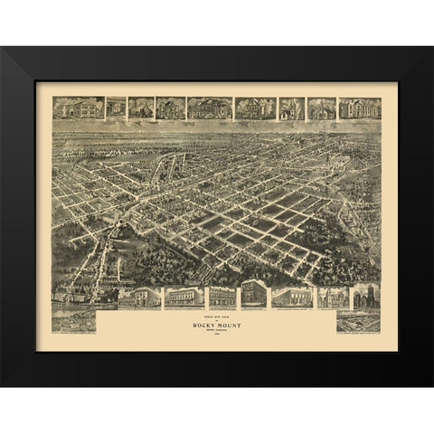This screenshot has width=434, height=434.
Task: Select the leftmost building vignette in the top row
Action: (x=78, y=108)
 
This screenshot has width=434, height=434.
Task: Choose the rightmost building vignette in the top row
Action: (x=359, y=108)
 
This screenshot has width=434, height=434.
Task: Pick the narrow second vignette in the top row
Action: (x=116, y=108)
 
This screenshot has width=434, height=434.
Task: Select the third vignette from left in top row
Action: (x=141, y=108)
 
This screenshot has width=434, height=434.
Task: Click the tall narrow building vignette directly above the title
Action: (x=252, y=295)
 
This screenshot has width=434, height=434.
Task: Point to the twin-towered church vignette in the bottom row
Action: (x=364, y=296)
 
